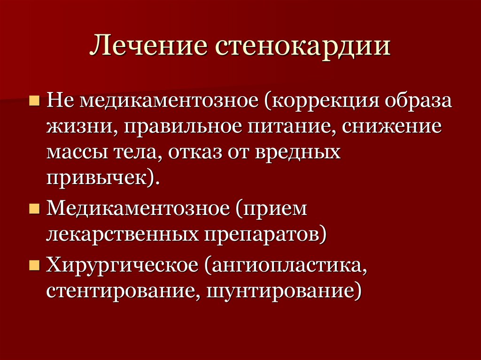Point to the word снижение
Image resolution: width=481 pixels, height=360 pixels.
(392, 128)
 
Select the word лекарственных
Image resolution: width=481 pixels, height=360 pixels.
(121, 233)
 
